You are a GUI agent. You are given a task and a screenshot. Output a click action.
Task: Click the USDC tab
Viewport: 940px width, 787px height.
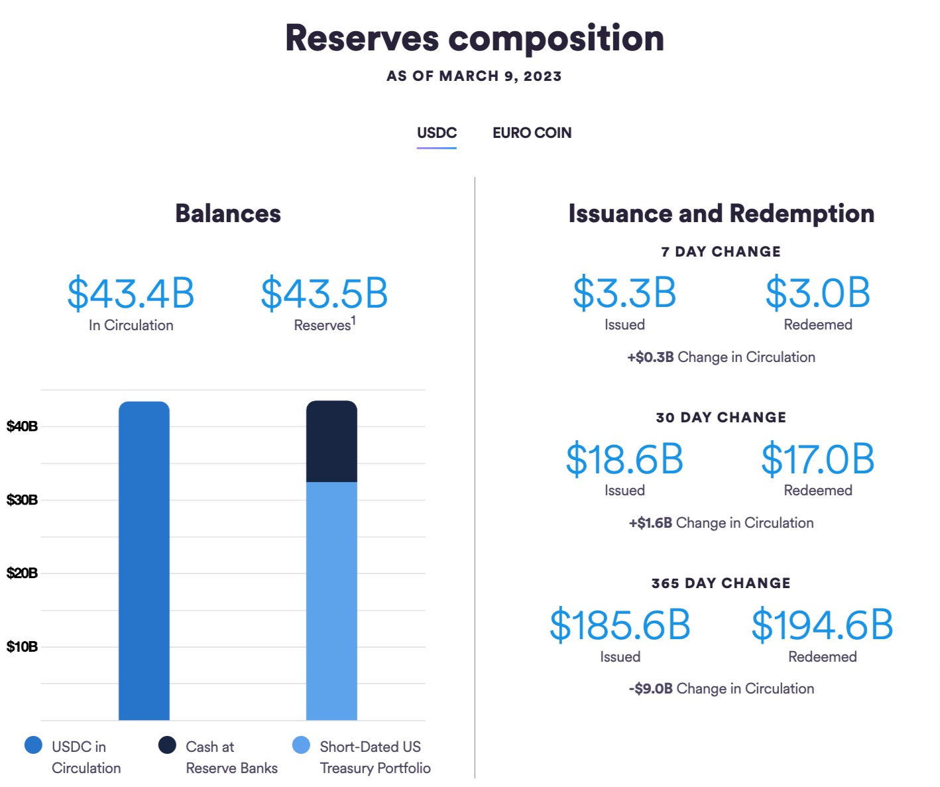pyautogui.click(x=436, y=133)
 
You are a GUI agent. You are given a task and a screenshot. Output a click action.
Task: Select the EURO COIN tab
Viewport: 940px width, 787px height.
pyautogui.click(x=532, y=133)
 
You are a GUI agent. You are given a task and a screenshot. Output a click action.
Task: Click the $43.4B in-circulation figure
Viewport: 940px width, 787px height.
pyautogui.click(x=131, y=294)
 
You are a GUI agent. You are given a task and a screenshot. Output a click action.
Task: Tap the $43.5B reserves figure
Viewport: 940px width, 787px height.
pyautogui.click(x=324, y=294)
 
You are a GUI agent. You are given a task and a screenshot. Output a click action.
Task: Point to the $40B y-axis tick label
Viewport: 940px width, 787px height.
pyautogui.click(x=22, y=426)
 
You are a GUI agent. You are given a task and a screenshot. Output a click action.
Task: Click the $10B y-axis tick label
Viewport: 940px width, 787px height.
pyautogui.click(x=22, y=646)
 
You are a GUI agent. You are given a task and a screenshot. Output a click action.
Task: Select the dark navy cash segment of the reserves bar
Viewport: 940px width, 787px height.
pyautogui.click(x=331, y=442)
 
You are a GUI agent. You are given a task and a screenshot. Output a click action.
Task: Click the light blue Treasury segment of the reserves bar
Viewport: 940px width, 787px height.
pyautogui.click(x=331, y=600)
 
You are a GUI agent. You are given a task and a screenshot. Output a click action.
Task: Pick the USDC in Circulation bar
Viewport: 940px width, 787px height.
pyautogui.click(x=144, y=560)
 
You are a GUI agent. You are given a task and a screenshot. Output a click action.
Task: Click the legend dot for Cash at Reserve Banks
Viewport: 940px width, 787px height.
pyautogui.click(x=167, y=745)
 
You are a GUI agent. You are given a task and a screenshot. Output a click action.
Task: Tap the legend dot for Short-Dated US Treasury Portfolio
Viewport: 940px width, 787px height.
pyautogui.click(x=301, y=745)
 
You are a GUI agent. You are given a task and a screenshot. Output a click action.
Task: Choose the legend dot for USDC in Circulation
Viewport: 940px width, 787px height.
pyautogui.click(x=33, y=745)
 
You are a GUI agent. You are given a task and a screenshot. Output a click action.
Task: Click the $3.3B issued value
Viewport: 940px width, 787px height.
pyautogui.click(x=624, y=293)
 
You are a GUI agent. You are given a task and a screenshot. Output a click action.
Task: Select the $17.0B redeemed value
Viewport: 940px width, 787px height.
pyautogui.click(x=817, y=459)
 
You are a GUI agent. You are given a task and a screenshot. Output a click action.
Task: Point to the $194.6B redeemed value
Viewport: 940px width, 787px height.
pyautogui.click(x=822, y=625)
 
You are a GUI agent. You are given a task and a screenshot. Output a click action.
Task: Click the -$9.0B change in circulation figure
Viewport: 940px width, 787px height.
pyautogui.click(x=650, y=689)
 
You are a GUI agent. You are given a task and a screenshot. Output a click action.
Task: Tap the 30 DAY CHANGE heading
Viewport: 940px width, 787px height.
pyautogui.click(x=721, y=418)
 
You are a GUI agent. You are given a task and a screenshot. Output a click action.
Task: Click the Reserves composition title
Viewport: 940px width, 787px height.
pyautogui.click(x=474, y=38)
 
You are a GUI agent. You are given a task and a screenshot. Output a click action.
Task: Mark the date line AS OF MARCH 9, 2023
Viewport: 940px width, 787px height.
pyautogui.click(x=474, y=76)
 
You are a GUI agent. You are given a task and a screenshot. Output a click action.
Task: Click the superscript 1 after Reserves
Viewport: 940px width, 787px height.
pyautogui.click(x=353, y=320)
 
